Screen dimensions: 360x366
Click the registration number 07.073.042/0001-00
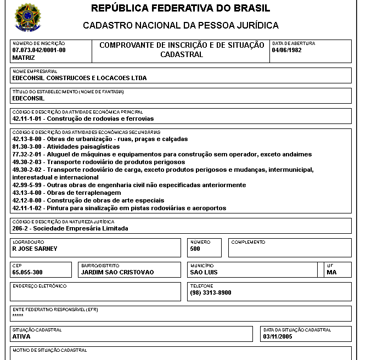click(x=39, y=50)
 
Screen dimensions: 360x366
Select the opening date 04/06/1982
click(x=287, y=50)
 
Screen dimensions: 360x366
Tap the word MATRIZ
click(x=24, y=57)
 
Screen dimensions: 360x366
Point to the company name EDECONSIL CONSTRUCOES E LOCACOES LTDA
click(x=80, y=78)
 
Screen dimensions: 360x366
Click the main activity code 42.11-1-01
click(x=27, y=119)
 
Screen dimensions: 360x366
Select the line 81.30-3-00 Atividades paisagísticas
click(x=66, y=147)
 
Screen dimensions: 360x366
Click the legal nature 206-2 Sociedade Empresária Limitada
click(x=70, y=228)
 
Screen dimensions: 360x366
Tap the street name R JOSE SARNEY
click(x=35, y=249)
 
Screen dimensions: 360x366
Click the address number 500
click(x=195, y=249)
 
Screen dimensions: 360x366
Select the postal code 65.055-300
click(x=27, y=272)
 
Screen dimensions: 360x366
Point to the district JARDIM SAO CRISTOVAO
click(x=117, y=272)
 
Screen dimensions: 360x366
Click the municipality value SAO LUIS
click(x=204, y=272)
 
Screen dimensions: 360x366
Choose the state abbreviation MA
click(x=331, y=272)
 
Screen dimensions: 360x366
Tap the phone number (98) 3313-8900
click(x=211, y=292)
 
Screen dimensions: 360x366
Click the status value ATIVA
click(x=21, y=336)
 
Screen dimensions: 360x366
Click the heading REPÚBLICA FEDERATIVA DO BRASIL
click(x=181, y=9)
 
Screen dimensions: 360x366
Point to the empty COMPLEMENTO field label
click(x=248, y=242)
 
